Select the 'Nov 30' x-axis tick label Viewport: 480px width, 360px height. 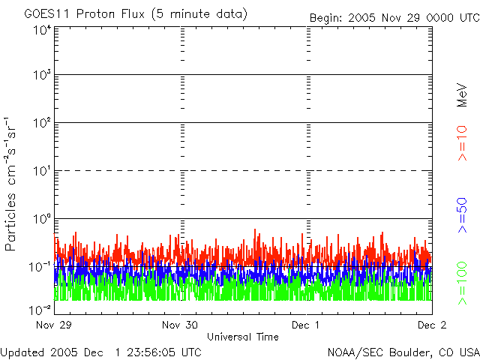(x=180, y=325)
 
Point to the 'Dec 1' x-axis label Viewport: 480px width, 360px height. (x=305, y=325)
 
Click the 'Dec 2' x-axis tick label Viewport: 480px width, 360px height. (x=430, y=325)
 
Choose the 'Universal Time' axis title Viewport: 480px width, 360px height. (x=242, y=337)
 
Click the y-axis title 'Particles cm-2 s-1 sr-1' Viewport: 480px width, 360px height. (x=13, y=184)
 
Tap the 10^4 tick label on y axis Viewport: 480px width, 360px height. (x=40, y=31)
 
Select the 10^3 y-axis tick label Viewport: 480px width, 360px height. (x=40, y=76)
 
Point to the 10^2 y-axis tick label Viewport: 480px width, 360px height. (x=40, y=124)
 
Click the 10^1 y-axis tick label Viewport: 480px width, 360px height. (x=40, y=172)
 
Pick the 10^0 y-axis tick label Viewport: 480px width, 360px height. (x=40, y=220)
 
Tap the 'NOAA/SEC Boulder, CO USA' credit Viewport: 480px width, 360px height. (x=403, y=352)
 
